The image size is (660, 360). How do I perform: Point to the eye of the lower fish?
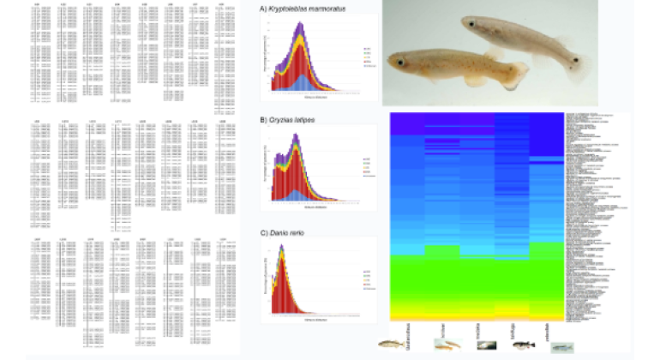(399, 63)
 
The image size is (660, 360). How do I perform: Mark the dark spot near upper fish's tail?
(574, 60)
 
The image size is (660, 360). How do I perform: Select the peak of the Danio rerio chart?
(280, 255)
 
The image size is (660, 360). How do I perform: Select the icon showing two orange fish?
(445, 345)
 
